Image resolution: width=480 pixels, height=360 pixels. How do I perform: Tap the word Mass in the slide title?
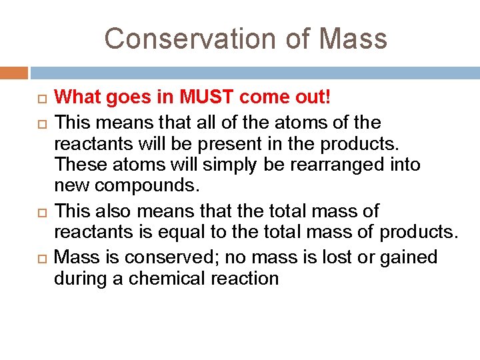tap(353, 39)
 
